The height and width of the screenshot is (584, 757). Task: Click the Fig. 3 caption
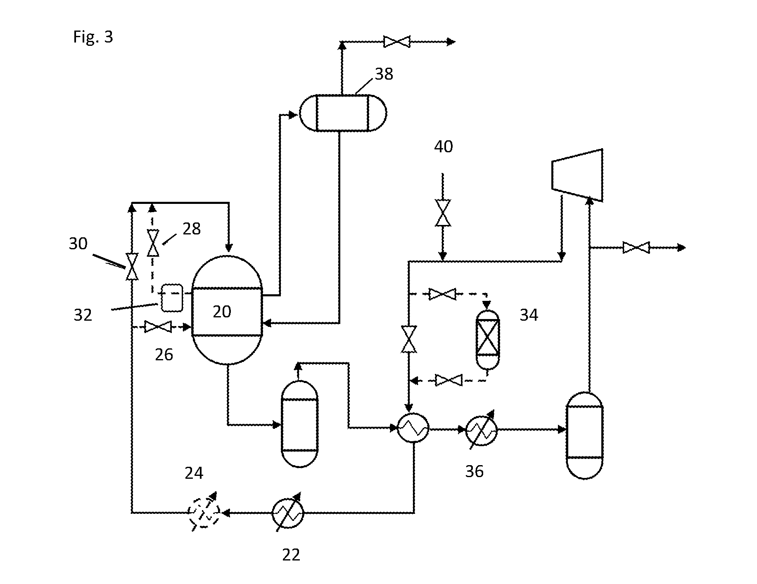coord(93,37)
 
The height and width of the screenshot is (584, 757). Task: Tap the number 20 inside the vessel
coord(222,312)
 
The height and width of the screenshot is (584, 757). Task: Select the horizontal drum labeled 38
coord(343,113)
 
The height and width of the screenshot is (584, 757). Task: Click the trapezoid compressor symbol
coord(577,175)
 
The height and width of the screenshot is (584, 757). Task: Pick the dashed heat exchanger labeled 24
coord(204,513)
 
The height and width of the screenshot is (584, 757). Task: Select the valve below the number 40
coord(443,213)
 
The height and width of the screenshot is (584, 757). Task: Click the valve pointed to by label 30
coord(132,267)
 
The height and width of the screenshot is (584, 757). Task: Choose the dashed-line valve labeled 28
coord(153,243)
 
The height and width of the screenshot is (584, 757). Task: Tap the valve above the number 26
coord(158,327)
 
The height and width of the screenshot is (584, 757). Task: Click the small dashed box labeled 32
coord(172,298)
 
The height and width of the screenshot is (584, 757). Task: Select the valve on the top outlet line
coord(397,42)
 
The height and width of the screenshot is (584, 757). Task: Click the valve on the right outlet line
coord(636,248)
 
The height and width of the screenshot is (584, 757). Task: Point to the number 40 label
coord(443,147)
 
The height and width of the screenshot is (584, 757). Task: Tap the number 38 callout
coord(384,74)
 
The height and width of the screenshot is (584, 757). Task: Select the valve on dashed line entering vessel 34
coord(442,294)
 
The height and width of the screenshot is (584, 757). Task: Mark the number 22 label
coord(291,555)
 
